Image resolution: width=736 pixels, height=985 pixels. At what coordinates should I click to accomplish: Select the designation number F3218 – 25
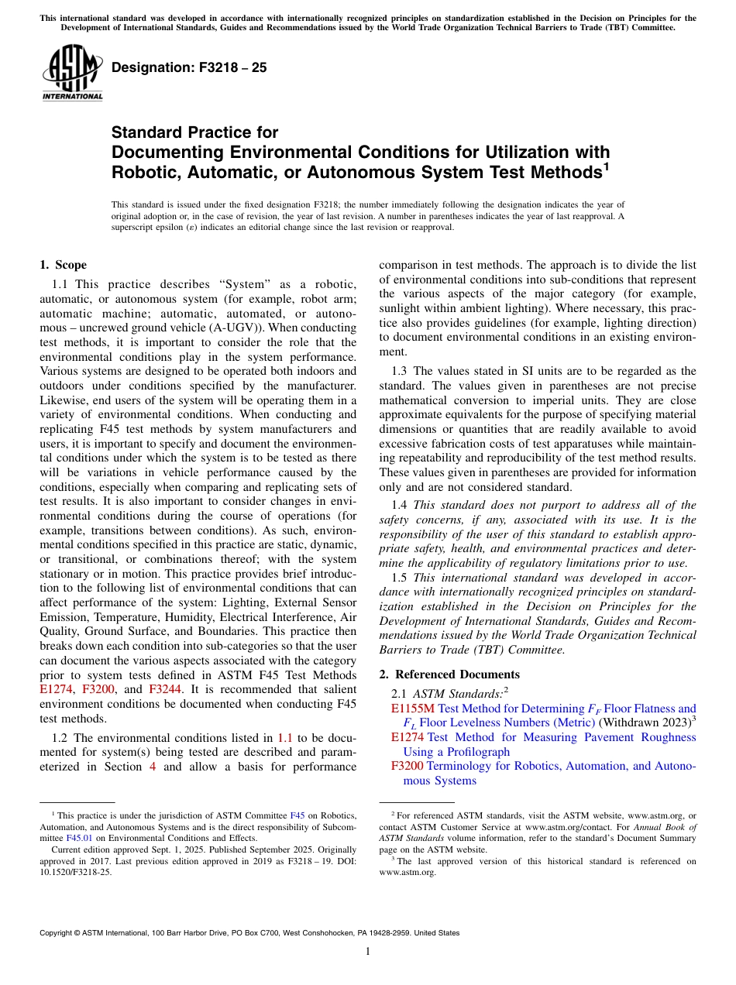tap(189, 67)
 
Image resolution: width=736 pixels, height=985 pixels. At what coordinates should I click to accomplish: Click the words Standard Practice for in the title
tap(194, 132)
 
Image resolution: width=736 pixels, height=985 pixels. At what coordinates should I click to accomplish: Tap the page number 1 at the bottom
tap(368, 951)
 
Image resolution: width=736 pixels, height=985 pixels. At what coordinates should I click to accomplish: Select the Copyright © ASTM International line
tap(249, 933)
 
